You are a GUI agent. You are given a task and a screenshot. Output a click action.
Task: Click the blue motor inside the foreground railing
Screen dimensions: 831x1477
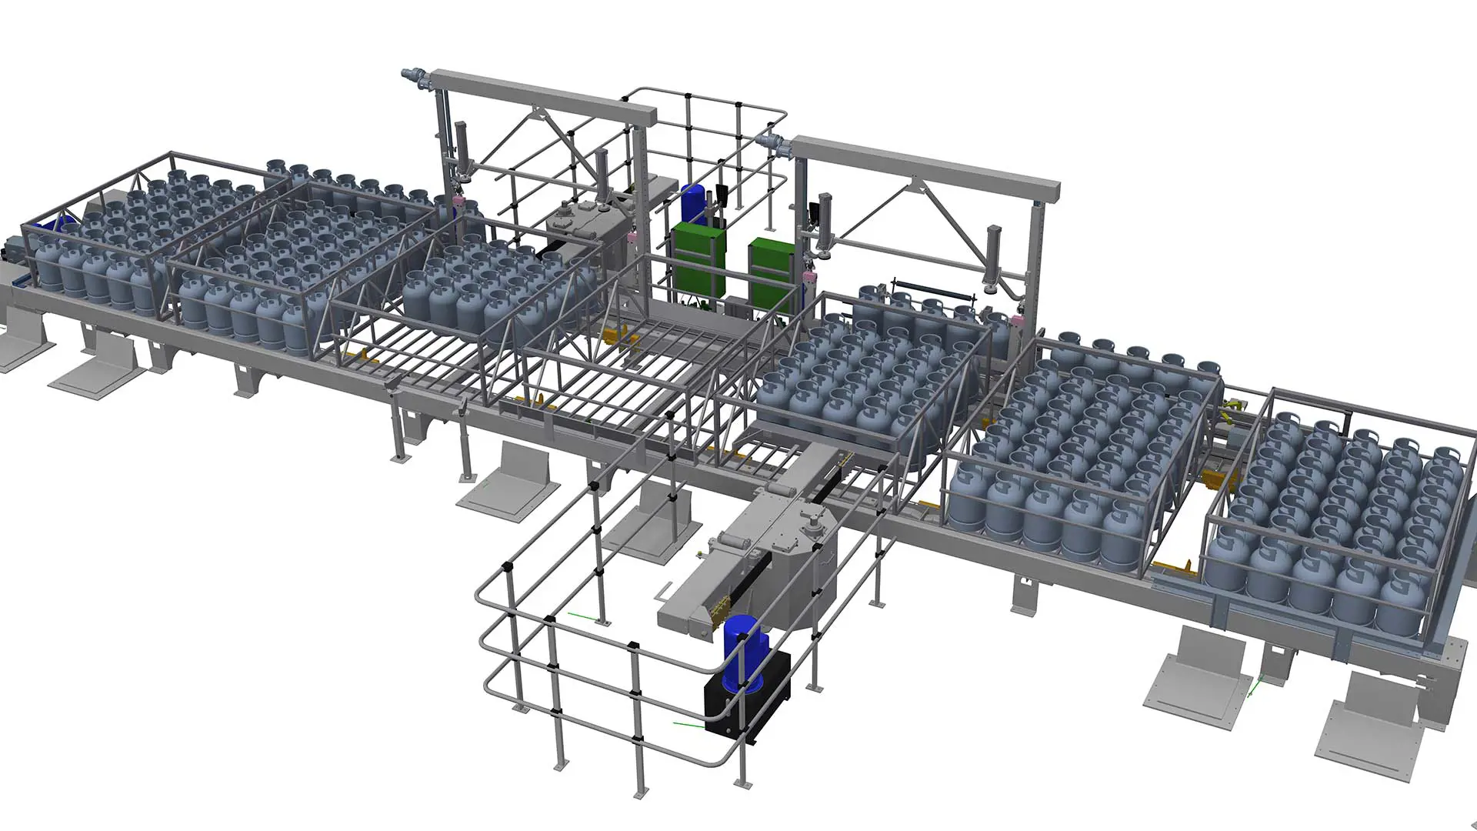(740, 646)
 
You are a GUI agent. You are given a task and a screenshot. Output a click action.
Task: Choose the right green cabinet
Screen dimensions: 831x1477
(770, 262)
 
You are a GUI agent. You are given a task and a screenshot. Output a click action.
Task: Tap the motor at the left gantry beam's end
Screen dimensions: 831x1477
(415, 76)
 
